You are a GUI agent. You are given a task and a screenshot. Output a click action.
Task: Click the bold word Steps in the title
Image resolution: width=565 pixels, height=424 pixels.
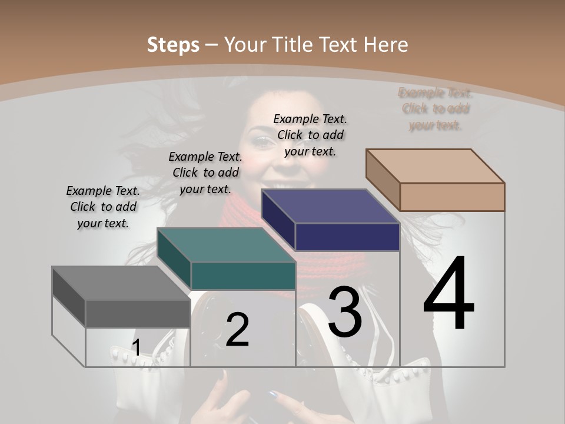(173, 45)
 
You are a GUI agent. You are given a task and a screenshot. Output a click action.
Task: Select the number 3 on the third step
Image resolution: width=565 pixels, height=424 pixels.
(345, 312)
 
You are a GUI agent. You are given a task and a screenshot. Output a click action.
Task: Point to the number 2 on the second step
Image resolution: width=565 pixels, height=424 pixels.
(237, 330)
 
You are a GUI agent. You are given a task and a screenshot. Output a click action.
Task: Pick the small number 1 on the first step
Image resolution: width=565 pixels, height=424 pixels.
(136, 349)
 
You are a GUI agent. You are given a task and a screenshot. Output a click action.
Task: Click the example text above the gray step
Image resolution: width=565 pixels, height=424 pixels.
(104, 207)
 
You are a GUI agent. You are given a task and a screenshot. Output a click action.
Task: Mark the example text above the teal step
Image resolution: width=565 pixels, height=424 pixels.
(205, 173)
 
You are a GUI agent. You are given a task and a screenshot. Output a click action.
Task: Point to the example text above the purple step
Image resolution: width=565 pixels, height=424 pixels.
(310, 135)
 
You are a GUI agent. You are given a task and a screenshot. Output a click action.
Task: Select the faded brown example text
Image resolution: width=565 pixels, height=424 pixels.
(436, 109)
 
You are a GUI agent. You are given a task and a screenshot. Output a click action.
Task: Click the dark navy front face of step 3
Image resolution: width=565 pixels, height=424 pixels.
(347, 237)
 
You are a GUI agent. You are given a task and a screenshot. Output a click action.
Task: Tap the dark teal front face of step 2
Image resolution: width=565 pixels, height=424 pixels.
(243, 276)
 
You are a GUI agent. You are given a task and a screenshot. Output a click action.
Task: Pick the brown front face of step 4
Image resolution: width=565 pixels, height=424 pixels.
(452, 197)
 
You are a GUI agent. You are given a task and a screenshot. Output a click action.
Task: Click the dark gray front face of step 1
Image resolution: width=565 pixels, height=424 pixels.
(138, 313)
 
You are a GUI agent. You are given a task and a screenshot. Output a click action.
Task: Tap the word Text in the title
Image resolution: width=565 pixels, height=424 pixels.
(340, 45)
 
